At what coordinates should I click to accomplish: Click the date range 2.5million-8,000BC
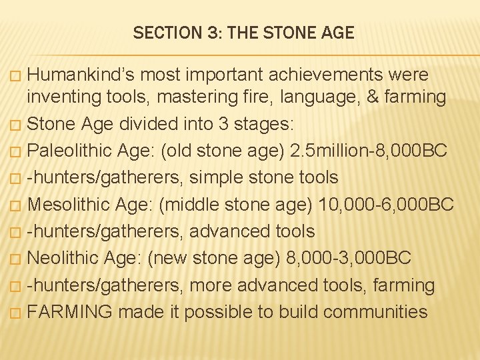(369, 151)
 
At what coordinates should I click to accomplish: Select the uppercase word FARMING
(69, 311)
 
